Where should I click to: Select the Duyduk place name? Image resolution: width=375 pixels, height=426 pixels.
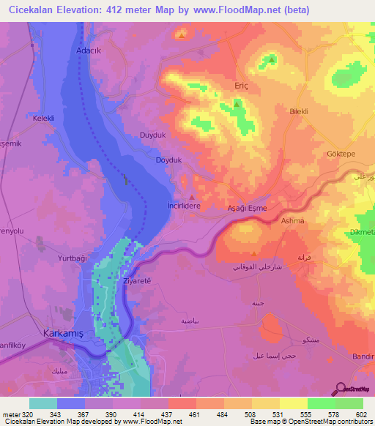(x=153, y=135)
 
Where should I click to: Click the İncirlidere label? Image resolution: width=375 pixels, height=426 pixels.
(x=193, y=207)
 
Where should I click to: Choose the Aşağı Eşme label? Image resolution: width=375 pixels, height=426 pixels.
(x=253, y=208)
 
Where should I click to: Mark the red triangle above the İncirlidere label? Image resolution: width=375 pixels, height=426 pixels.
(x=193, y=196)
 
